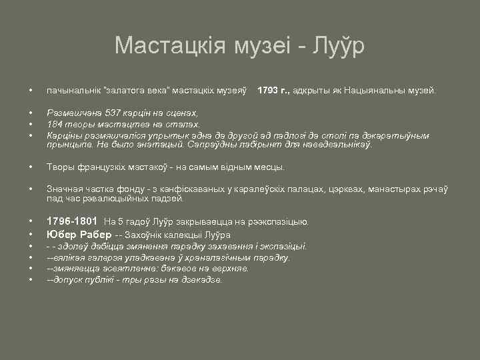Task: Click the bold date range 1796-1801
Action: click(72, 221)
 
